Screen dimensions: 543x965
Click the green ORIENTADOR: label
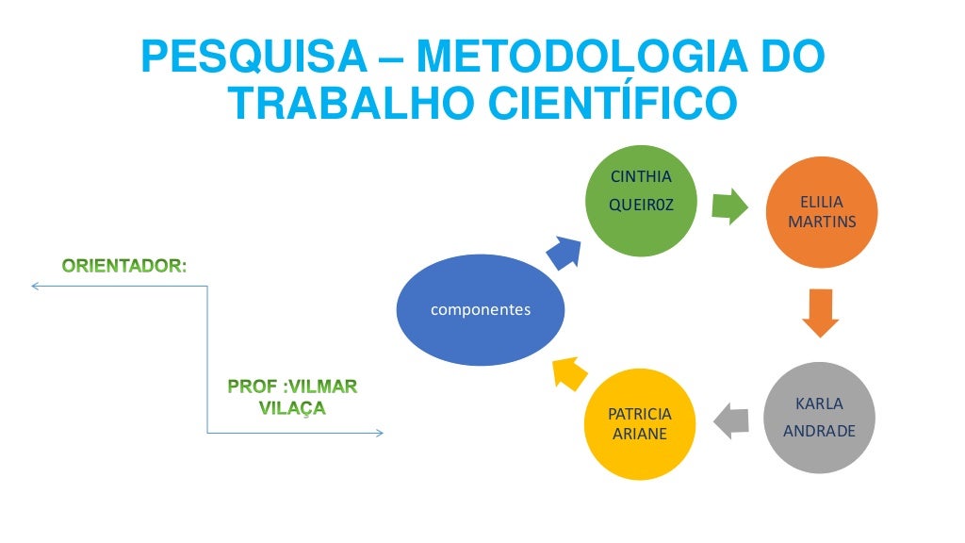pyautogui.click(x=124, y=266)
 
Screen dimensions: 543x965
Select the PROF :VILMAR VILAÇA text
pyautogui.click(x=293, y=398)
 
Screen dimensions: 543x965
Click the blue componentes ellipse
pyautogui.click(x=481, y=310)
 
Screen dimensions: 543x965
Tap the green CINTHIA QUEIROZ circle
pyautogui.click(x=642, y=200)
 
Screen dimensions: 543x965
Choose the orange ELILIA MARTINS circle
pyautogui.click(x=821, y=212)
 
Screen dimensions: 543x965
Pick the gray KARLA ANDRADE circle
pyautogui.click(x=819, y=417)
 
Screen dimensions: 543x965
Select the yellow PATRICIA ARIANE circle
pyautogui.click(x=640, y=424)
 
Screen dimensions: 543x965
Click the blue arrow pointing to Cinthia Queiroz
pyautogui.click(x=564, y=251)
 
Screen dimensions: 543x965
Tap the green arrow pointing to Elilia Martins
pyautogui.click(x=728, y=206)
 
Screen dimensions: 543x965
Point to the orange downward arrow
pyautogui.click(x=821, y=313)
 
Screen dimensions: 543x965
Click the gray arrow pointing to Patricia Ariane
pyautogui.click(x=731, y=420)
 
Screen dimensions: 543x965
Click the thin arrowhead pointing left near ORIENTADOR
pyautogui.click(x=34, y=286)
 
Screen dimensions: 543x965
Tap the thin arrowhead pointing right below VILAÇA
pyautogui.click(x=379, y=433)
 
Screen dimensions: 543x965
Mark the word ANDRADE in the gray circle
pyautogui.click(x=819, y=431)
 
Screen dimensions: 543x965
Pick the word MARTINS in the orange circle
pyautogui.click(x=821, y=222)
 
